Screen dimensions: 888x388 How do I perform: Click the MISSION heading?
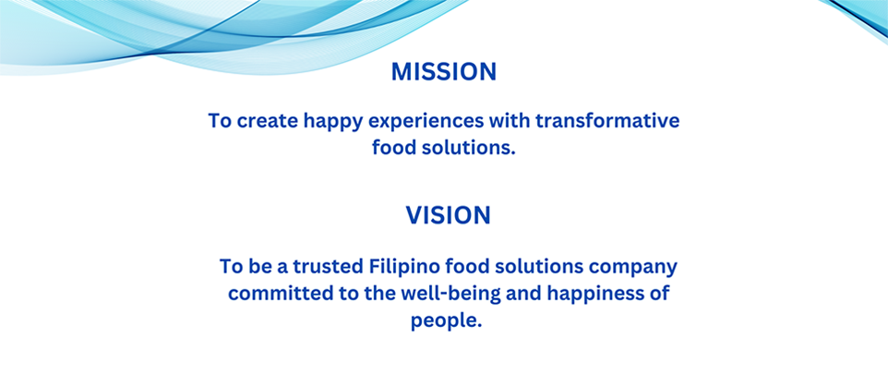[x=444, y=72]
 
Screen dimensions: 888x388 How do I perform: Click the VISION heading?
[x=448, y=216]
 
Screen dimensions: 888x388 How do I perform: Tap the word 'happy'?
[x=332, y=123]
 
